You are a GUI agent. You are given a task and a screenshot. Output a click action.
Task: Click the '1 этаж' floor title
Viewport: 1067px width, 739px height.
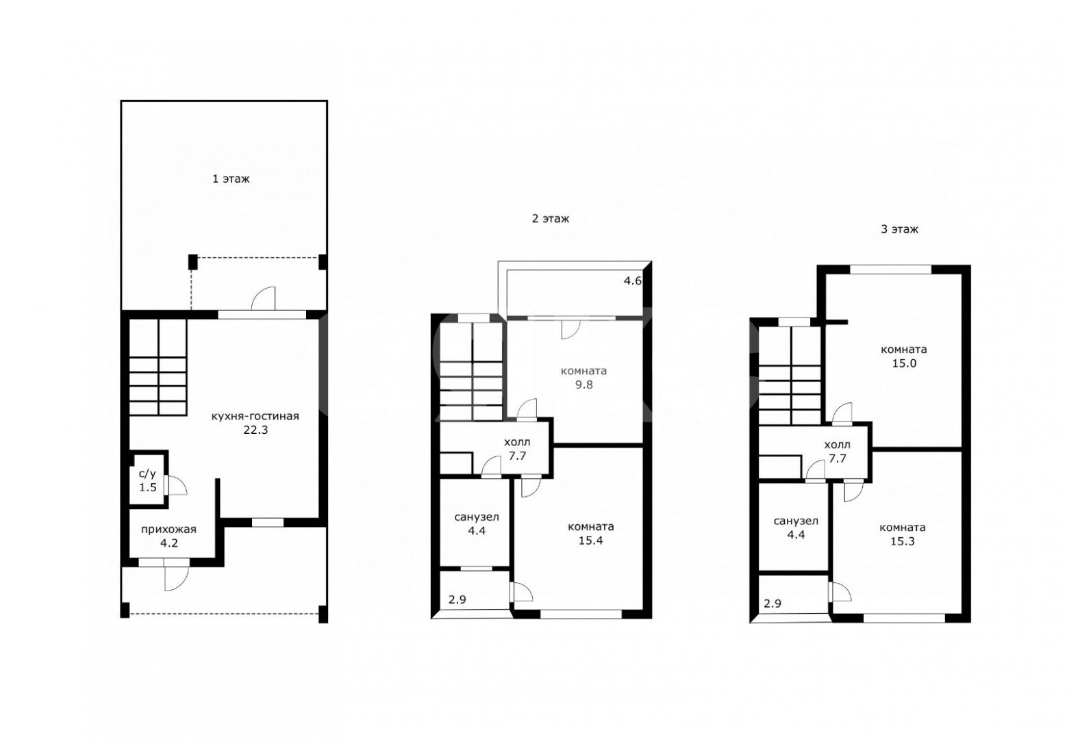tap(231, 179)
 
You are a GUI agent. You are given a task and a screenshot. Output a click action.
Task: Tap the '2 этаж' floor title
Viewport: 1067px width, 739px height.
tap(551, 219)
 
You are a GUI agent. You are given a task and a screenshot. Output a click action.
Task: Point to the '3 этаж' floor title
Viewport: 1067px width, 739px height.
tap(900, 229)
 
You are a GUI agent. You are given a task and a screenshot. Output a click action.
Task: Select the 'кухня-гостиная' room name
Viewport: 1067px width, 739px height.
tap(255, 416)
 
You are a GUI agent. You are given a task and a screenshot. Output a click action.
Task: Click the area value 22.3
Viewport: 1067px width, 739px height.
tap(256, 430)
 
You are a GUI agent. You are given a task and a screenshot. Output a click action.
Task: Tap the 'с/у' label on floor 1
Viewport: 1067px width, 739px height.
tap(148, 474)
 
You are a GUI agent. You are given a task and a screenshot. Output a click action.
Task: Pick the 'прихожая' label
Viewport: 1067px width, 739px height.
tap(168, 529)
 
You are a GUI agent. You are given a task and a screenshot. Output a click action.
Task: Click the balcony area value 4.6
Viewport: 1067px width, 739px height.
tap(633, 281)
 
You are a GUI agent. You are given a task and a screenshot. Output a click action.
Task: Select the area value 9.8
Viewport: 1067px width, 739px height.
tap(584, 385)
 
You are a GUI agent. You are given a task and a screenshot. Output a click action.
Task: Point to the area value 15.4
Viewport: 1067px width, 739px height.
tap(590, 541)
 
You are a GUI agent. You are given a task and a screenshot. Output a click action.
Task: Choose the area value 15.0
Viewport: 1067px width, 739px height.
tap(904, 363)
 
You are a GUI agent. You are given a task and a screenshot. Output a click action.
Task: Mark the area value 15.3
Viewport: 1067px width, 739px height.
tap(903, 541)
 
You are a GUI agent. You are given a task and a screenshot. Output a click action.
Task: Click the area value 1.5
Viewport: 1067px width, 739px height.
tap(148, 488)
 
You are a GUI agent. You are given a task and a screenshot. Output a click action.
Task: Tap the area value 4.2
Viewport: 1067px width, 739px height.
tap(168, 543)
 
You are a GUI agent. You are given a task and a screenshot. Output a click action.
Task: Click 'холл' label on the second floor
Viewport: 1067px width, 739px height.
tap(517, 443)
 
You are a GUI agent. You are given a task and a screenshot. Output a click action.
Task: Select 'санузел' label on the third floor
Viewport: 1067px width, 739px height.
tap(796, 521)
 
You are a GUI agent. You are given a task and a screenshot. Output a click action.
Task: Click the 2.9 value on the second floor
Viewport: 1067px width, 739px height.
tap(457, 599)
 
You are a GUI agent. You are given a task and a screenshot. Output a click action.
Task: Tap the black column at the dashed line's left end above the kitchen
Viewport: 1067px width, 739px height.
tap(192, 261)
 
